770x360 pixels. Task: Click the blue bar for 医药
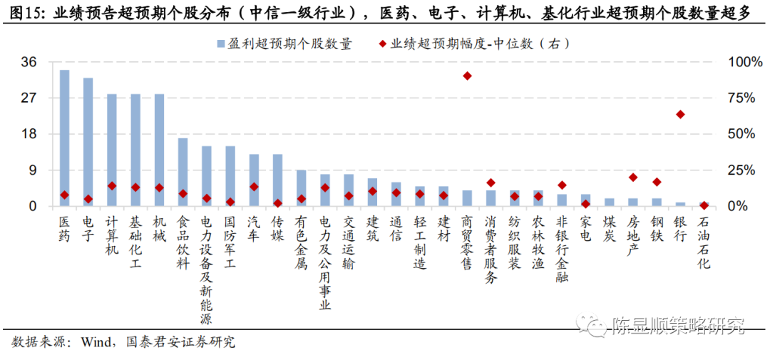click(64, 138)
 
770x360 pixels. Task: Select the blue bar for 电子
click(88, 143)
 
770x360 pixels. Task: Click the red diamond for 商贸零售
click(467, 76)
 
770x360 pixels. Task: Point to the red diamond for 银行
click(680, 114)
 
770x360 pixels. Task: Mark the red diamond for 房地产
click(633, 177)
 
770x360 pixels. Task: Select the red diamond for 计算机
click(112, 185)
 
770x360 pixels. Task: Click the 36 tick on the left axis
click(29, 62)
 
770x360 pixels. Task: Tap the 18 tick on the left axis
click(29, 134)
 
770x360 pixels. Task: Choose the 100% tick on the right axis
click(744, 62)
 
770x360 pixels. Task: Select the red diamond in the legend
click(383, 44)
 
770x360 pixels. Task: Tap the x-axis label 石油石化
click(704, 242)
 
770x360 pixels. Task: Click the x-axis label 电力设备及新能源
click(206, 270)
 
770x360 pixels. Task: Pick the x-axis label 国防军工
click(230, 242)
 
